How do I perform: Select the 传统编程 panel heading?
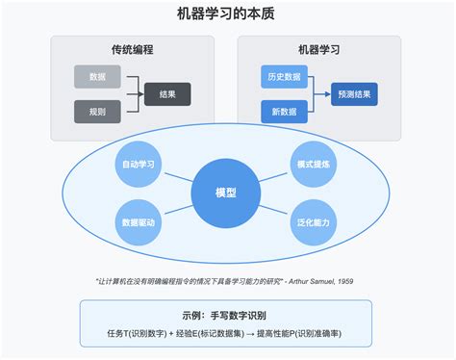point(132,49)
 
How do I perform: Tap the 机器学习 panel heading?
point(318,49)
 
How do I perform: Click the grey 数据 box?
point(97,76)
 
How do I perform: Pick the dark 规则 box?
point(97,112)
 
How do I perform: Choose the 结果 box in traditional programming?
point(167,94)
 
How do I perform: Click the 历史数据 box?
point(285,76)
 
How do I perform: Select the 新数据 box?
point(285,112)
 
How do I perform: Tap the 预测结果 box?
point(354,94)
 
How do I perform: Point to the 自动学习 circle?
point(139,165)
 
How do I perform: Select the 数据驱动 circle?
point(139,221)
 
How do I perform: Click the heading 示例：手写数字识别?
point(225,315)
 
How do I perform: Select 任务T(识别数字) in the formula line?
point(136,333)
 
